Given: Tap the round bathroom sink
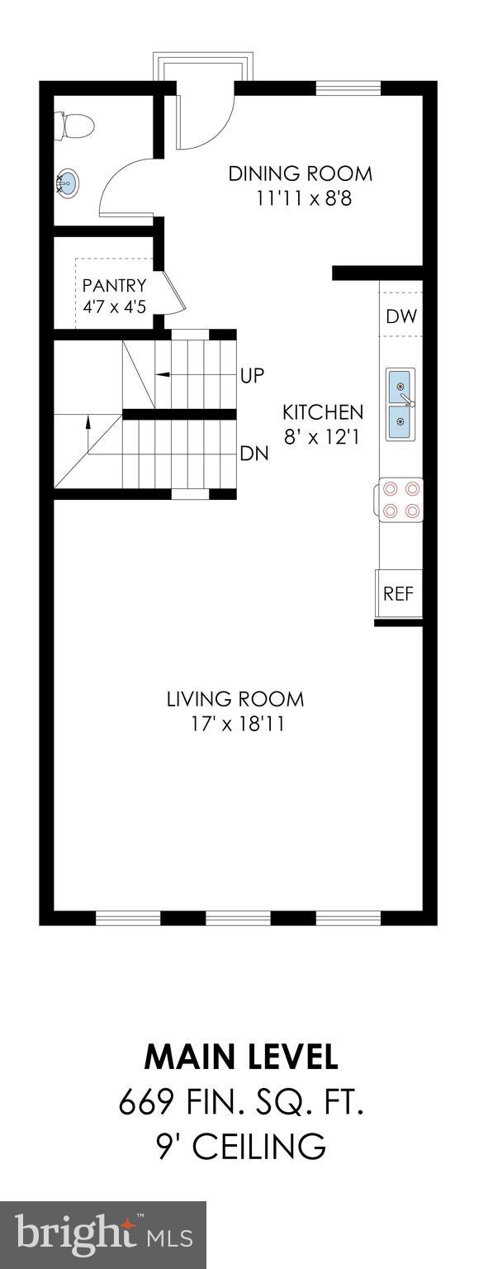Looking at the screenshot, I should point(68,182).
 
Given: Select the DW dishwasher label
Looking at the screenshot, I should point(401,316).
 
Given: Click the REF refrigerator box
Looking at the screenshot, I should point(399,593).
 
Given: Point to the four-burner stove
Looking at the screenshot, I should point(401,501).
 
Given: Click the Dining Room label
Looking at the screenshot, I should point(300,174).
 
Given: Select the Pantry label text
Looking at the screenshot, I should point(114,286).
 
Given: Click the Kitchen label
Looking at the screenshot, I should point(323,412).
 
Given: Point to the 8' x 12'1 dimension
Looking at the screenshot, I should point(323,438).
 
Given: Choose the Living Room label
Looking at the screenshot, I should point(235,700).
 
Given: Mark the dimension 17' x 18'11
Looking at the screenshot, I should point(235,725).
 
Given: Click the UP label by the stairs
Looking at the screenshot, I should point(252,375).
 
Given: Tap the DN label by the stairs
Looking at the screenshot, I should point(253,453).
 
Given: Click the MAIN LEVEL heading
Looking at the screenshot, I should point(241,1057).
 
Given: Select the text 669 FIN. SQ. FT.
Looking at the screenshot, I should point(241,1101).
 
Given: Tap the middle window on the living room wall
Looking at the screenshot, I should point(238,917).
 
